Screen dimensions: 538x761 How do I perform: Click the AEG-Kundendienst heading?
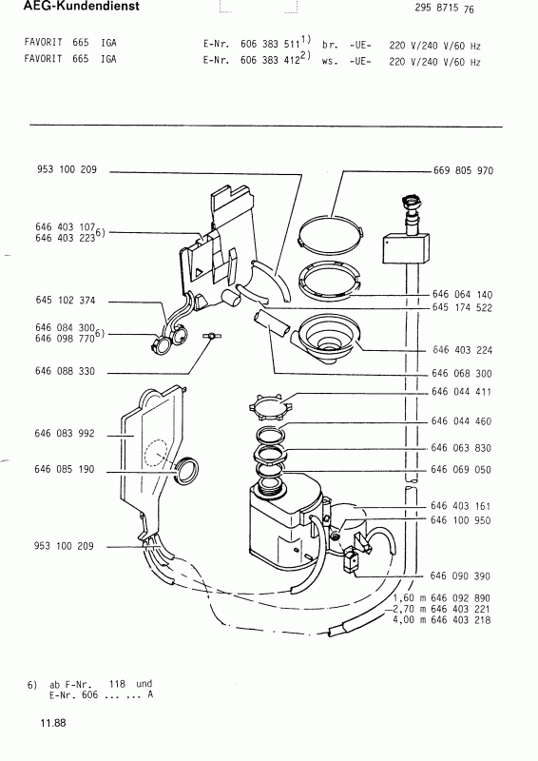81,7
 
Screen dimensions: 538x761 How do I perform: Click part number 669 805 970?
463,171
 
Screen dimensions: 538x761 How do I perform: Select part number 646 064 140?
462,295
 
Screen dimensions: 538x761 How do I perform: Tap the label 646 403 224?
462,350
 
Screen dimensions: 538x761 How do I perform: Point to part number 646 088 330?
65,371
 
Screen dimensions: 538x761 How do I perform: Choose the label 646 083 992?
65,434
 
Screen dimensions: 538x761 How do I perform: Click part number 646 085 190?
65,469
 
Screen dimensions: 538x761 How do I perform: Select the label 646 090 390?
460,576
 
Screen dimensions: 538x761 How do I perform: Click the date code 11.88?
53,723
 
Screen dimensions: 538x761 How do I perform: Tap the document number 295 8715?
436,8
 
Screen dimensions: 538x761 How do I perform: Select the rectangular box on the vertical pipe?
406,248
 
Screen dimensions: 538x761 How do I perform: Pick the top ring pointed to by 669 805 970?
331,233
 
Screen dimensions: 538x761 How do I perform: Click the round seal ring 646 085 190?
185,471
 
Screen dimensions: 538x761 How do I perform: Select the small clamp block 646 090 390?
350,561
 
